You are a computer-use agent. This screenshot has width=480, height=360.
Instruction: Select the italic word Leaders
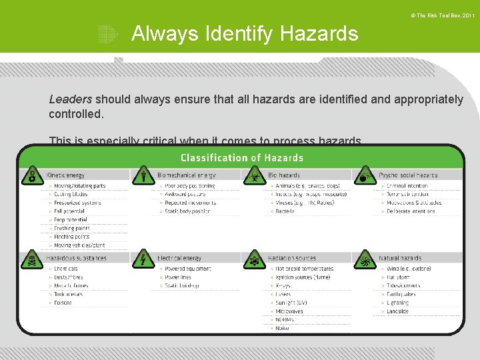pos(70,99)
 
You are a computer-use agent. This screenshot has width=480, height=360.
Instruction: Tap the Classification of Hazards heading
pos(242,158)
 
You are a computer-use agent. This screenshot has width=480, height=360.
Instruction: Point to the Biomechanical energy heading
pos(186,175)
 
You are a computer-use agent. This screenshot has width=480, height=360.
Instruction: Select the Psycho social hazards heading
pos(408,175)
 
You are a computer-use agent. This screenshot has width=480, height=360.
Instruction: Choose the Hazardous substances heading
pos(76,258)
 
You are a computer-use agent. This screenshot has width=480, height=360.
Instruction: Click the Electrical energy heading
pos(179,258)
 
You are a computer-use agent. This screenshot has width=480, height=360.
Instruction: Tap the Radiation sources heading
pos(292,258)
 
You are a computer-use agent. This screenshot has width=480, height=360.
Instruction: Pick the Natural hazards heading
pos(400,258)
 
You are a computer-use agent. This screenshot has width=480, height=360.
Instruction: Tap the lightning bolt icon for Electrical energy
pos(143,259)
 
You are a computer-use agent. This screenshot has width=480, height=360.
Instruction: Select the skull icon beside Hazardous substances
pos(32,259)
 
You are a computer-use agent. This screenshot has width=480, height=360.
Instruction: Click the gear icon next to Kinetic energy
pos(32,177)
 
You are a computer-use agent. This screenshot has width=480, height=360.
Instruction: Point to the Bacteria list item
pos(285,211)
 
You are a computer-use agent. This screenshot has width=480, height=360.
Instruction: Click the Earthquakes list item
pos(401,294)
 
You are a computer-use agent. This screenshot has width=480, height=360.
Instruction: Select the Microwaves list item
pos(290,311)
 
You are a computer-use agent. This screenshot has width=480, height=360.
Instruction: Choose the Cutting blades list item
pos(71,194)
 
